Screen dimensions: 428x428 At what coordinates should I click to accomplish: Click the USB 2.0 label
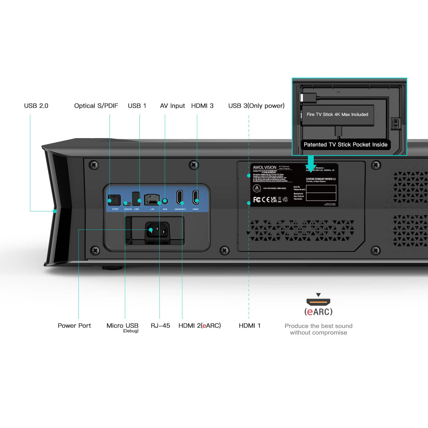(x=36, y=106)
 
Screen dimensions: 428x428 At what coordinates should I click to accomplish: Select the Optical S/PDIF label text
(x=96, y=106)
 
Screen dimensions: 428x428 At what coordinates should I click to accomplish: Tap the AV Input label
(x=172, y=106)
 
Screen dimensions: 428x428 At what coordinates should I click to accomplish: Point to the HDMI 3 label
(x=202, y=106)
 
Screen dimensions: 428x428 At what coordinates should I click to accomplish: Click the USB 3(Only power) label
(x=256, y=106)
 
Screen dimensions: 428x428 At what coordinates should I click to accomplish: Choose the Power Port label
(x=74, y=326)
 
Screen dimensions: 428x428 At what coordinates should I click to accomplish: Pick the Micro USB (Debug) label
(x=123, y=327)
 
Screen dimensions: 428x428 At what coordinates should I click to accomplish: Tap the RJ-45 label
(x=160, y=326)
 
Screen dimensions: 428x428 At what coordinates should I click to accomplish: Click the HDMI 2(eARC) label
(x=200, y=326)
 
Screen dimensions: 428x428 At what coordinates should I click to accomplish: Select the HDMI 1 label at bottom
(x=249, y=326)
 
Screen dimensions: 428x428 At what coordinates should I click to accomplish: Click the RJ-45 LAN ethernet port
(x=152, y=199)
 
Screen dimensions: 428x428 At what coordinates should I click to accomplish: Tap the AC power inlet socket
(x=157, y=230)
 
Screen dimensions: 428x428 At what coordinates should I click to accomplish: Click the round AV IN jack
(x=165, y=201)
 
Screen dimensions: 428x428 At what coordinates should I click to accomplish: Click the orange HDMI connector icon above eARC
(x=318, y=302)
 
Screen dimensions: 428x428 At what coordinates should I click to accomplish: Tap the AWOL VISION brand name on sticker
(x=265, y=167)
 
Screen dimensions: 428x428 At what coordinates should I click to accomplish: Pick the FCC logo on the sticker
(x=257, y=200)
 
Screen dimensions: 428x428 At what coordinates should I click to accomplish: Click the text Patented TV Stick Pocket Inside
(x=345, y=145)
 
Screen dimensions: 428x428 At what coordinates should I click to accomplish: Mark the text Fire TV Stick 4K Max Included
(x=337, y=114)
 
